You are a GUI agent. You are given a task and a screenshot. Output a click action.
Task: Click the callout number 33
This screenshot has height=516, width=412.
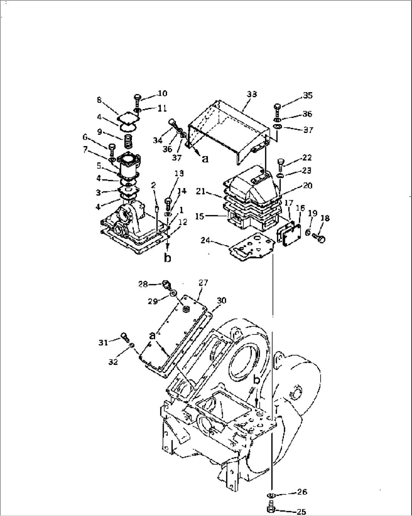pos(252,94)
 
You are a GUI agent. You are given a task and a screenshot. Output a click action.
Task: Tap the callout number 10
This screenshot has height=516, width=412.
pos(163,93)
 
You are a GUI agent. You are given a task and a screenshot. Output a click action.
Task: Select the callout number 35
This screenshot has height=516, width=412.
pos(308,95)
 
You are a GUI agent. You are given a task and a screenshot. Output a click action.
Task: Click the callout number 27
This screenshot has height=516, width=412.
pos(204,282)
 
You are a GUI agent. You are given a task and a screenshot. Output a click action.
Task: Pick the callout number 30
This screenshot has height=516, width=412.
pos(221,300)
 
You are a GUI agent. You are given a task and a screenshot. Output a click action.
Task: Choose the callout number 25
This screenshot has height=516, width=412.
pos(301,512)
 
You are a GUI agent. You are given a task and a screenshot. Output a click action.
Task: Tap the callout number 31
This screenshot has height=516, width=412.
pos(103,342)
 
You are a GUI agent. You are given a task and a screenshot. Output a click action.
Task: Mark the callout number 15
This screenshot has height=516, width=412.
pos(200,216)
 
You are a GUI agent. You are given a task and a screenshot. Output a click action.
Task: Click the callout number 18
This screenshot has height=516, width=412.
pos(325,218)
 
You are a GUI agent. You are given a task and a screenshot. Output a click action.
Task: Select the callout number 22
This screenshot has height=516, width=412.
pos(307,157)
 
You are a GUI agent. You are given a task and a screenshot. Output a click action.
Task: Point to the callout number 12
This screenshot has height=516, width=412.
pos(183,223)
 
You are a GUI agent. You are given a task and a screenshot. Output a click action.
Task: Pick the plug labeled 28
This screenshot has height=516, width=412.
pos(167,284)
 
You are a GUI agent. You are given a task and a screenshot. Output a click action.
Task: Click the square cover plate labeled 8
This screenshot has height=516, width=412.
pos(128,119)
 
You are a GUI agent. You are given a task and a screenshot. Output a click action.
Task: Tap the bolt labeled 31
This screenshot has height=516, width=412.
pos(125,336)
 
